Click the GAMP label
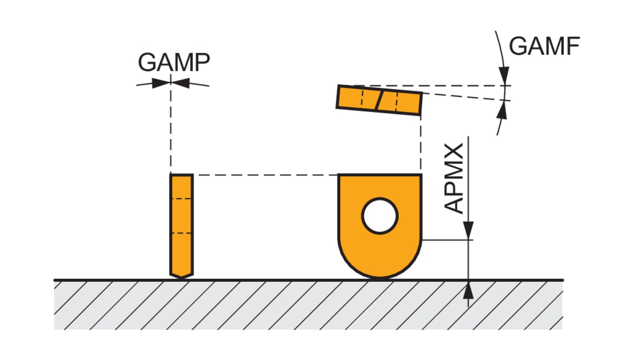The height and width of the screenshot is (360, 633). pos(173,62)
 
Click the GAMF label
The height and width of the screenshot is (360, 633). pos(544,46)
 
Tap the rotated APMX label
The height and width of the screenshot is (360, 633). pos(454,179)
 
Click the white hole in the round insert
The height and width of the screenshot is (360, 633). pos(380,216)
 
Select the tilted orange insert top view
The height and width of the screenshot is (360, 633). pos(379,100)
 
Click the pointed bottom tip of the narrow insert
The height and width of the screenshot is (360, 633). pos(181,276)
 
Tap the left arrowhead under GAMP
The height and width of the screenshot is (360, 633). pos(161,83)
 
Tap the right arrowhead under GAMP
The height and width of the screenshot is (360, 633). pos(181,83)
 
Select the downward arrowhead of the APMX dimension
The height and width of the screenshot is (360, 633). pos(468,230)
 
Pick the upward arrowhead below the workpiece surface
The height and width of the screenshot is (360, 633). pos(468,290)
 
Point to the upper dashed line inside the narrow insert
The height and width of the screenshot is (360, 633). pos(181,198)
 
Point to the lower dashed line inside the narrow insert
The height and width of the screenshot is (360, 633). pos(181,233)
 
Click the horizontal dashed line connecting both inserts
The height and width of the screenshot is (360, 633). pos(266,175)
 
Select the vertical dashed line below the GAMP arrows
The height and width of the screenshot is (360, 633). pos(170,131)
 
